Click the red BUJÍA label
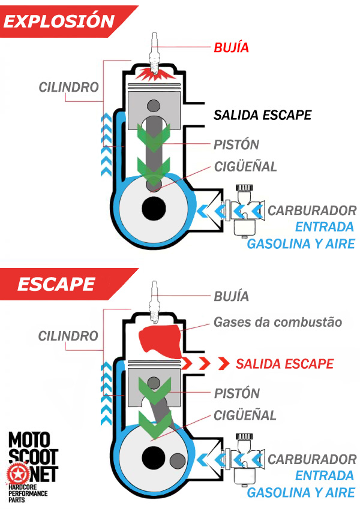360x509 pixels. [x=231, y=47]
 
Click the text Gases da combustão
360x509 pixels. [x=277, y=323]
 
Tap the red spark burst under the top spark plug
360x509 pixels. [x=154, y=74]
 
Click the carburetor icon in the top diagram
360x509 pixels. [x=244, y=209]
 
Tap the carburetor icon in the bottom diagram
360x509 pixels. [x=244, y=458]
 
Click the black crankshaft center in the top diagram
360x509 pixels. [x=154, y=210]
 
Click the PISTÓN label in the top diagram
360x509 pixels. [x=236, y=144]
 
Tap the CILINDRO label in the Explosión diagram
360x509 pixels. [x=68, y=87]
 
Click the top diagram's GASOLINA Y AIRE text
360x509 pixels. [x=301, y=243]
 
